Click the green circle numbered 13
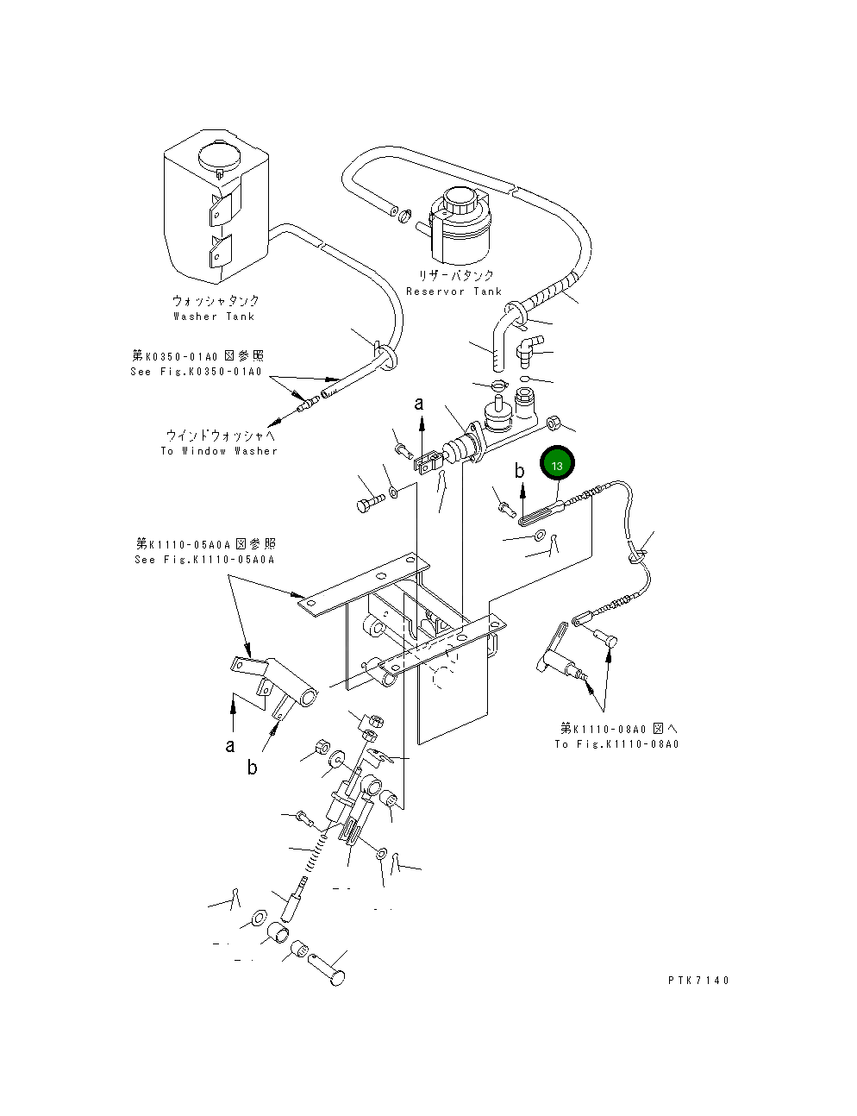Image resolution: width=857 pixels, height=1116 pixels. (557, 463)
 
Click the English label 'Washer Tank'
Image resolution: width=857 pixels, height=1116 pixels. (214, 317)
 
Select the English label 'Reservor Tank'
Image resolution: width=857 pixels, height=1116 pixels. (454, 292)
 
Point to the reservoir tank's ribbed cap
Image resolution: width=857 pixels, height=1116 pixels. (460, 200)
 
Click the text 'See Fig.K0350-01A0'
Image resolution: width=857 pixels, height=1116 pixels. (196, 372)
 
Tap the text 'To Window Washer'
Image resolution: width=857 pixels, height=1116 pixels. (219, 451)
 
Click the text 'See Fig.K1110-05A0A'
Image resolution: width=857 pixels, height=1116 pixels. (204, 559)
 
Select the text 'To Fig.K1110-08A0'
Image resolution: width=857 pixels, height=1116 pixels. (616, 744)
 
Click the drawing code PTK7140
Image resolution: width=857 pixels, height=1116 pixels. (698, 981)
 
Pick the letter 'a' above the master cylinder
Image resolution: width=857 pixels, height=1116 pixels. (419, 403)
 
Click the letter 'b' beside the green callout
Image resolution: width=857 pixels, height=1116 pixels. (519, 470)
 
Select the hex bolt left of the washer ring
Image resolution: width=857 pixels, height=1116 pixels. (371, 502)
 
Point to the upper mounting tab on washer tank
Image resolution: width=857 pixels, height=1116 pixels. (225, 205)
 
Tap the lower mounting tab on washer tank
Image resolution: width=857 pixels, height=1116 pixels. (221, 251)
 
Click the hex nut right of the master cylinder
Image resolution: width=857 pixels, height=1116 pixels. (554, 423)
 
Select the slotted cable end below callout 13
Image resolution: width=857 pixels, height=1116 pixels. (542, 514)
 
